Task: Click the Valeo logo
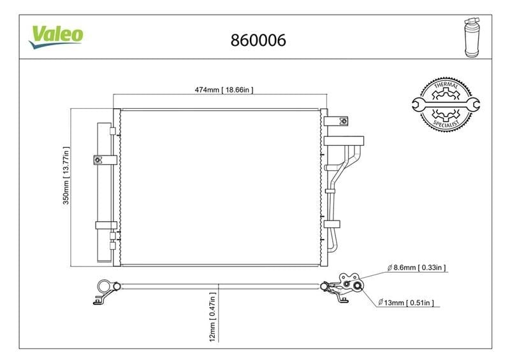point(56,36)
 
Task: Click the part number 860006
point(258,40)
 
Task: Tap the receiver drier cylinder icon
point(472,38)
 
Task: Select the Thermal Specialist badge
point(446,104)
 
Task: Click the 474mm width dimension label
point(224,89)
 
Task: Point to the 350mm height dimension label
point(66,176)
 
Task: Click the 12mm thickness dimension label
point(212,317)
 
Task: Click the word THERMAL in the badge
point(446,85)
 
